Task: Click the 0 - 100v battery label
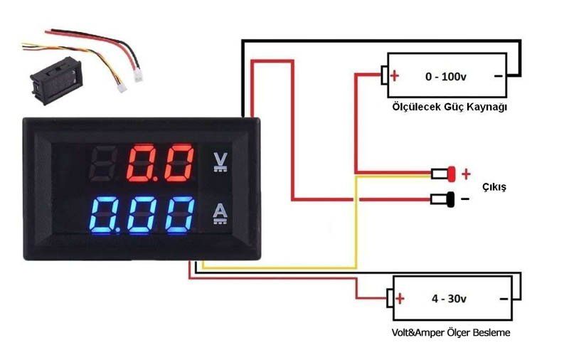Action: click(x=446, y=77)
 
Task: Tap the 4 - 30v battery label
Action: click(x=449, y=299)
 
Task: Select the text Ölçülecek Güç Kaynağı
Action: click(x=450, y=107)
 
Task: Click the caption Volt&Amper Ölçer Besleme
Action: click(x=451, y=332)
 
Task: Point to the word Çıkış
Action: click(x=494, y=187)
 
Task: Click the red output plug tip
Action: click(x=451, y=174)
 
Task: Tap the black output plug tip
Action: click(x=451, y=199)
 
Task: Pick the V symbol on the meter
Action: click(x=220, y=162)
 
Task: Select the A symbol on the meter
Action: click(x=220, y=213)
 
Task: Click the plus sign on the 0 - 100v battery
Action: click(x=395, y=76)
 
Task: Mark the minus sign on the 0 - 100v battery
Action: click(x=499, y=76)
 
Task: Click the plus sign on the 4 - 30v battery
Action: click(x=400, y=298)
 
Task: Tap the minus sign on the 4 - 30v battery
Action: click(x=504, y=299)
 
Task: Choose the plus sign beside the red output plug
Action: click(x=466, y=174)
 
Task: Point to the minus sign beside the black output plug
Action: click(x=465, y=199)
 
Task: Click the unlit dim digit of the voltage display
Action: click(x=103, y=164)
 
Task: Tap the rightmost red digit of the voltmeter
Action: click(x=179, y=164)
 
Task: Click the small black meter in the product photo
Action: click(x=56, y=80)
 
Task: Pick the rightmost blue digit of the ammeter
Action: click(x=180, y=215)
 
